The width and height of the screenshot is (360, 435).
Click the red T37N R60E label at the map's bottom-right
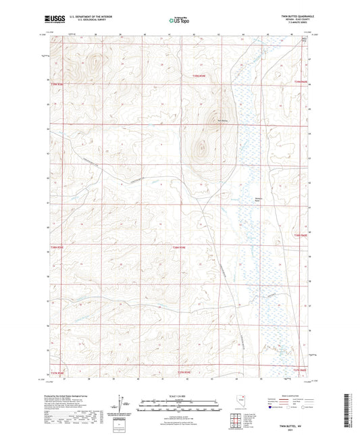click(x=299, y=369)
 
